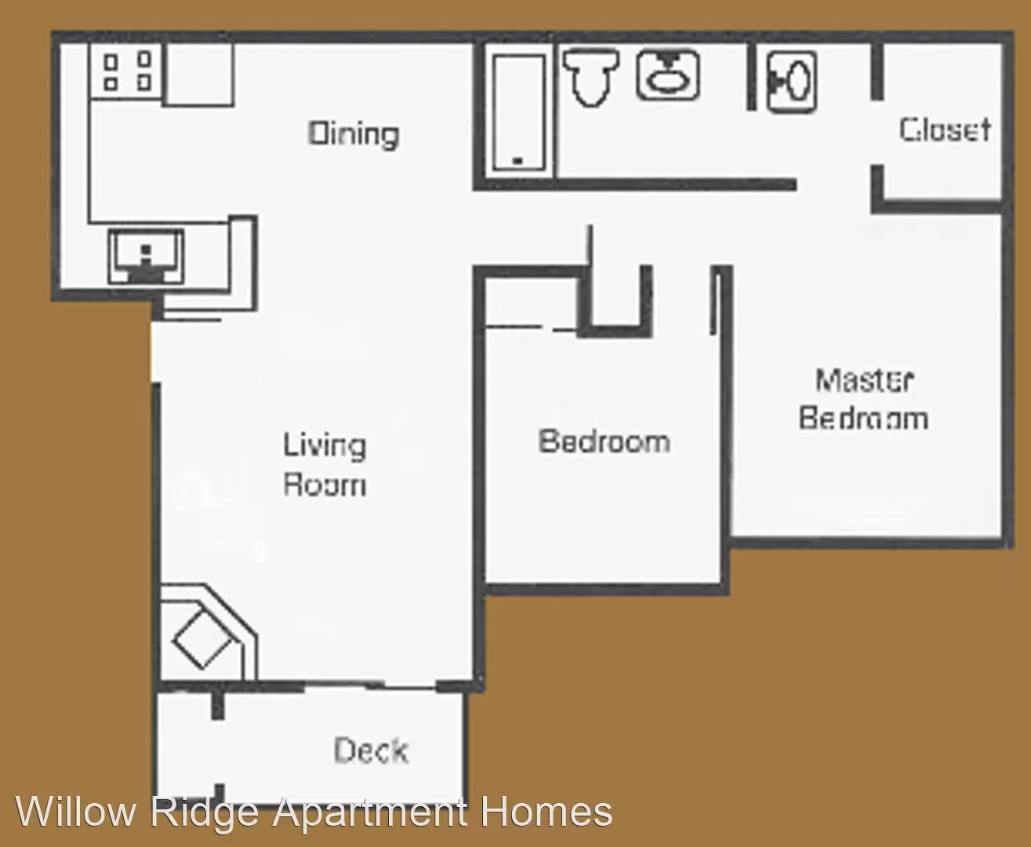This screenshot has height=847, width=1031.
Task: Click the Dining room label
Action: pyautogui.click(x=353, y=134)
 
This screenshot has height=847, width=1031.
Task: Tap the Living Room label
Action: pyautogui.click(x=325, y=464)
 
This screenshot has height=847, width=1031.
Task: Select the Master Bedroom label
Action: pyautogui.click(x=863, y=399)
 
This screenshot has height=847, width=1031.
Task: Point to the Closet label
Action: pyautogui.click(x=945, y=129)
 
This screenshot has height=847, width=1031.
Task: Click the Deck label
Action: pyautogui.click(x=371, y=751)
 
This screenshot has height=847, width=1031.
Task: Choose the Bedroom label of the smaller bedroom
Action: pyautogui.click(x=604, y=441)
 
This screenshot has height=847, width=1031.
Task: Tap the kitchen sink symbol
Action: pyautogui.click(x=146, y=256)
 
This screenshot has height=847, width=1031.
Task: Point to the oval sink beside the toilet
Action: pyautogui.click(x=668, y=75)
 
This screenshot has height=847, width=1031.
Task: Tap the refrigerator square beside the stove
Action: pyautogui.click(x=199, y=73)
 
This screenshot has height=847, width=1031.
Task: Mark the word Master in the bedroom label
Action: pyautogui.click(x=864, y=380)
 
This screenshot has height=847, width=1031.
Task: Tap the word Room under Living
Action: pyautogui.click(x=325, y=484)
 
